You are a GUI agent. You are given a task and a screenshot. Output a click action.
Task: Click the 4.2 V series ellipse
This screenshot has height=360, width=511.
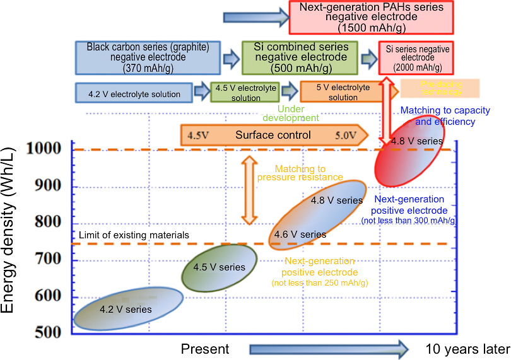pos(129,308)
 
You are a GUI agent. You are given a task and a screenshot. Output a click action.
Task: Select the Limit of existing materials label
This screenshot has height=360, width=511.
pos(134,235)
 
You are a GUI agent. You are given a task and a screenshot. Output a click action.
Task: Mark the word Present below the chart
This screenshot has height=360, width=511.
pos(205,349)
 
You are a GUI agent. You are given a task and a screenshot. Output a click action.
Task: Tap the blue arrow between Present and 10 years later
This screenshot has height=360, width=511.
pos(328,348)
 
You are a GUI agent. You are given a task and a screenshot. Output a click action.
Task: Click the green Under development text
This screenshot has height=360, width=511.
pos(292,113)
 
